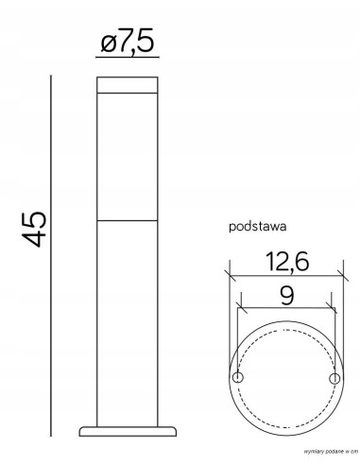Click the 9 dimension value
click(284, 294)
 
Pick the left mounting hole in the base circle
click(239, 378)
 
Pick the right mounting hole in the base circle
click(332, 378)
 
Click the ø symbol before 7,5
click(107, 43)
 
